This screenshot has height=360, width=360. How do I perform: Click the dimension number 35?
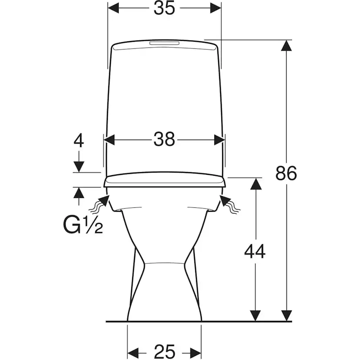click(x=164, y=9)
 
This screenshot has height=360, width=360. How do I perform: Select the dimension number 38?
click(x=164, y=140)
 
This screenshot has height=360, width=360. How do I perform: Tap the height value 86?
click(x=286, y=173)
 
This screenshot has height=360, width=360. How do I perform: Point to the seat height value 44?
click(x=255, y=251)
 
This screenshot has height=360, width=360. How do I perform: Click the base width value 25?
click(x=164, y=351)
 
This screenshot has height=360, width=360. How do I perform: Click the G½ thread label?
click(x=83, y=226)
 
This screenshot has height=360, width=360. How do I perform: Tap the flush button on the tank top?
click(x=164, y=43)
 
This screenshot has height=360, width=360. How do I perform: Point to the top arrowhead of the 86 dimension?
click(x=286, y=46)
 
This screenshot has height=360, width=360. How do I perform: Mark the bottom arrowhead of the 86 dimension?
click(x=286, y=316)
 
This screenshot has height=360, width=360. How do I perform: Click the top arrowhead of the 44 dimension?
click(x=255, y=183)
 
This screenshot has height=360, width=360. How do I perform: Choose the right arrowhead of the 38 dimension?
click(x=220, y=140)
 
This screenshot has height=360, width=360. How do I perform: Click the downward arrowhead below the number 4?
click(x=79, y=167)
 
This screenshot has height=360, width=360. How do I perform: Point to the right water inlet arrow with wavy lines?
click(x=230, y=204)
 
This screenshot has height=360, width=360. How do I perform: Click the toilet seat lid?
click(x=164, y=180)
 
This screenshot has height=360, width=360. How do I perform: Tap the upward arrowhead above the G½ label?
click(x=79, y=193)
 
